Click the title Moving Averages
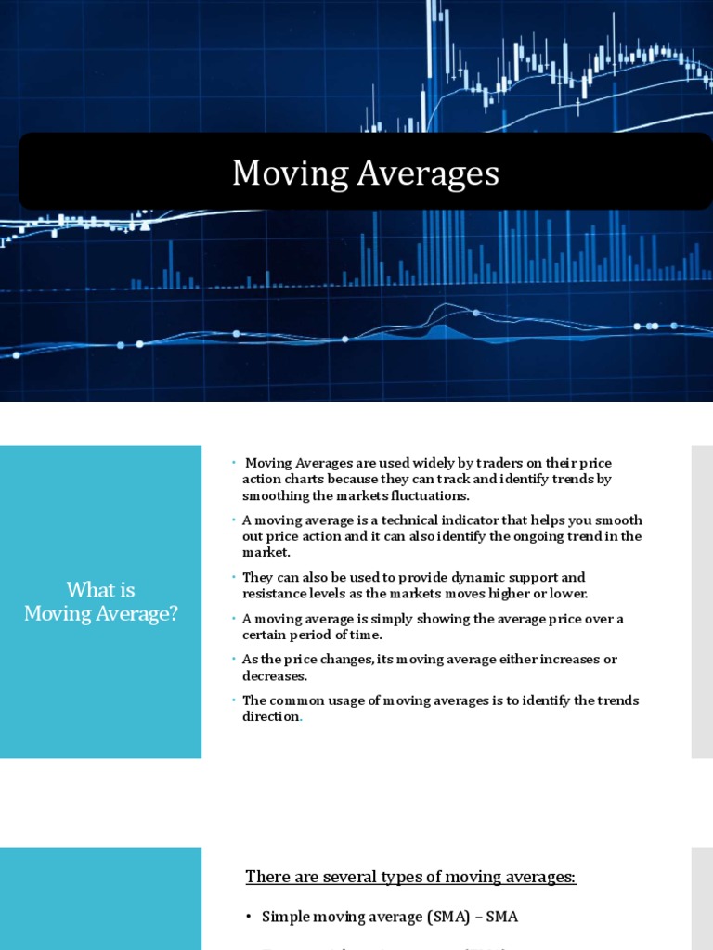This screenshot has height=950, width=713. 365,173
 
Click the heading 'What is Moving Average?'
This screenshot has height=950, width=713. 100,601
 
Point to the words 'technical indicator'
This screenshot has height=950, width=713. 428,520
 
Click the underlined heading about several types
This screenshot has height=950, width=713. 410,877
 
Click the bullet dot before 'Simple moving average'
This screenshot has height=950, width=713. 249,917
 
